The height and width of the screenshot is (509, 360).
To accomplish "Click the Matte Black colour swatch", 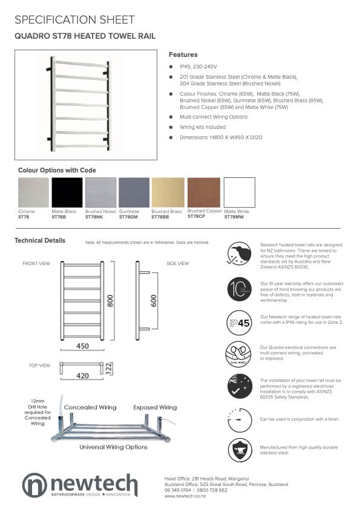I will [67, 192].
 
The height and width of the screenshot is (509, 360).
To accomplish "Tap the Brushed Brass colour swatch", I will [167, 192].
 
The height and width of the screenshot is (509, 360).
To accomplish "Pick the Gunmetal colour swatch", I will [134, 192].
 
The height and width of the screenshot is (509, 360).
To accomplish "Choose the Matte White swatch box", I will [240, 192].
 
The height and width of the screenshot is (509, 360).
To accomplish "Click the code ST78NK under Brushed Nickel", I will [94, 216].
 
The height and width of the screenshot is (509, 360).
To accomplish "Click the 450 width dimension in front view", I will [82, 346].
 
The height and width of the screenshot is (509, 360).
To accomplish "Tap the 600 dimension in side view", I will [154, 301].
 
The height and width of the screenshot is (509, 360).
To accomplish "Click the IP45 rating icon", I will [240, 322].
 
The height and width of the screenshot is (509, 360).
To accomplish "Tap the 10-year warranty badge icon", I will [240, 289].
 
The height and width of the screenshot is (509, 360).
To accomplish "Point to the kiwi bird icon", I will [240, 253].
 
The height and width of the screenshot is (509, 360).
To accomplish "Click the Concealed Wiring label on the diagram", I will [90, 407].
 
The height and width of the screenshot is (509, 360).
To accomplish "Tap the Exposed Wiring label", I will [155, 407].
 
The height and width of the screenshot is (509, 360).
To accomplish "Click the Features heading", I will [183, 54].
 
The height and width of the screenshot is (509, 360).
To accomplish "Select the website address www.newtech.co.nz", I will [185, 496].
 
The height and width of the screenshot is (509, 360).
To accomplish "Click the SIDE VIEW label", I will [177, 263].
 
